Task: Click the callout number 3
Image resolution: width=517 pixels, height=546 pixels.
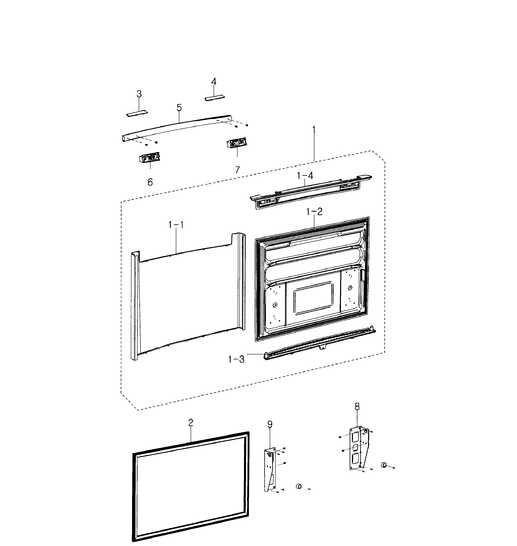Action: click(139, 94)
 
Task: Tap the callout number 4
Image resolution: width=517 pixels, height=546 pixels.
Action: click(214, 81)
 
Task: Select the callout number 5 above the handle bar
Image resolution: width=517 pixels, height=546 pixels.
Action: click(179, 108)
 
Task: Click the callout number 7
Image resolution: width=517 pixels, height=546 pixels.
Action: click(237, 170)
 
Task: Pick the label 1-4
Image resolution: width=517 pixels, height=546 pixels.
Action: click(305, 175)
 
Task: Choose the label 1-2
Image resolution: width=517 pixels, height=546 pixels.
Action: click(314, 212)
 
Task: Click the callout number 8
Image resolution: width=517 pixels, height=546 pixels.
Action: click(357, 406)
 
